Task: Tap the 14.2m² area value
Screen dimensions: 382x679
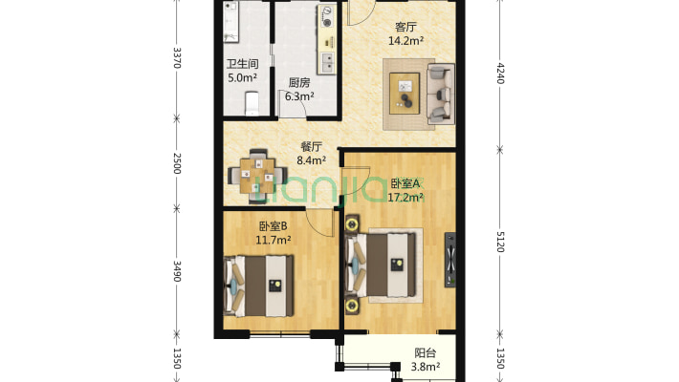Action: (x=405, y=41)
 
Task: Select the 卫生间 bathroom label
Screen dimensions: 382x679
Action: (x=241, y=65)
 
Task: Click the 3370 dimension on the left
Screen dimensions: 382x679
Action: (x=176, y=58)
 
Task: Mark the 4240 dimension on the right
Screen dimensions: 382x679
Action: (x=500, y=74)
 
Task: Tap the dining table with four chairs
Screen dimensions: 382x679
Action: (x=255, y=173)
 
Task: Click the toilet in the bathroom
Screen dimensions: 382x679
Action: (x=253, y=100)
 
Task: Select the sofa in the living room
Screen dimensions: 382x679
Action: (x=441, y=94)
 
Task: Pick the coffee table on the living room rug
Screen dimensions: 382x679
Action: (x=408, y=95)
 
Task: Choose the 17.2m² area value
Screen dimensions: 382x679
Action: (x=406, y=198)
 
